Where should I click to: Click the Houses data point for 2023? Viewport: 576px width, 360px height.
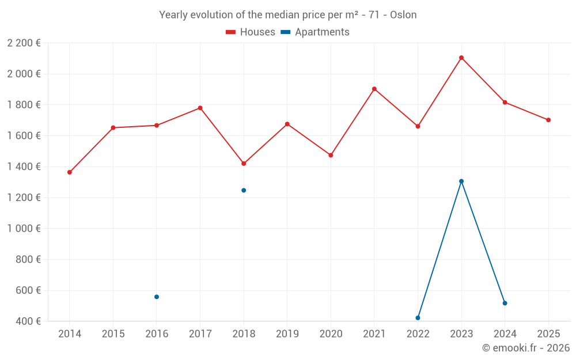461,58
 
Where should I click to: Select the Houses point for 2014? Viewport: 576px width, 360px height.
70,172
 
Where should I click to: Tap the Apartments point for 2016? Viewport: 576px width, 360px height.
157,297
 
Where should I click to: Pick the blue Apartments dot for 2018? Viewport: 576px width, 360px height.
244,190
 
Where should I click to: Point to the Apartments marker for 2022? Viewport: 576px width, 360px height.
418,318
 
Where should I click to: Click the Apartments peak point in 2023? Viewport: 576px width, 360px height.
461,181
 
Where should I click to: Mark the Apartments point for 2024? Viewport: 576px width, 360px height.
505,303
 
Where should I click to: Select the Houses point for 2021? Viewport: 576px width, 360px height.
374,89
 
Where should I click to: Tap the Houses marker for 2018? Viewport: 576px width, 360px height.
244,164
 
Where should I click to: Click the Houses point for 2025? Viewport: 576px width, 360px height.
548,120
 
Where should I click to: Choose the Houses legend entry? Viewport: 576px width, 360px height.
251,32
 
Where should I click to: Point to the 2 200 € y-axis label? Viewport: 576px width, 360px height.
24,43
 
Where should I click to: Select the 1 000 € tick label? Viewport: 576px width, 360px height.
24,228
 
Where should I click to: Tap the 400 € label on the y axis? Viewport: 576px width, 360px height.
28,321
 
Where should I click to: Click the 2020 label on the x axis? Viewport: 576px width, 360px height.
331,334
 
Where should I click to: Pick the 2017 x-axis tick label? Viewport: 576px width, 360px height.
200,334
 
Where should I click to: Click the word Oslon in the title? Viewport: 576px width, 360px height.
403,15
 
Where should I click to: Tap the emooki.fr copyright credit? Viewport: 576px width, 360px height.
525,348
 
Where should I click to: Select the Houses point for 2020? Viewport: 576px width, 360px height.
331,155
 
